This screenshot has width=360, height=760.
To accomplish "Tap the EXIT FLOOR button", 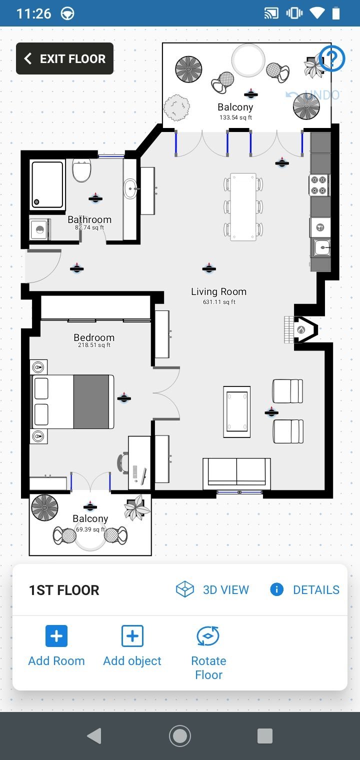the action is click(64, 58).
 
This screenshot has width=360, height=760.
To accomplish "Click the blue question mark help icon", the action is click(331, 58).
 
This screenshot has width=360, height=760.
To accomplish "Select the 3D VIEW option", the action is click(212, 589).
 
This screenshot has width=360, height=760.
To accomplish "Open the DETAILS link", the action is click(304, 589).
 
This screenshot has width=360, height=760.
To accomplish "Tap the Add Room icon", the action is click(56, 636).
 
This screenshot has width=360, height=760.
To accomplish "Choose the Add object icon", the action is click(132, 636).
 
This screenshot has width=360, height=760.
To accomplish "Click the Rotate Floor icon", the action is click(208, 636).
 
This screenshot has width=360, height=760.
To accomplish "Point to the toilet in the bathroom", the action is click(81, 170).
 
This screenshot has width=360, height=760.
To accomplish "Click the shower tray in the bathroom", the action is click(47, 185).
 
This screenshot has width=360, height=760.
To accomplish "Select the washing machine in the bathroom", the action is click(39, 229).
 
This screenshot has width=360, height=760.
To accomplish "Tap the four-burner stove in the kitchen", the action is click(318, 185).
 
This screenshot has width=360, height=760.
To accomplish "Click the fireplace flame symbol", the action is click(301, 329).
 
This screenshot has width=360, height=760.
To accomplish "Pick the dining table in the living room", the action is click(243, 206).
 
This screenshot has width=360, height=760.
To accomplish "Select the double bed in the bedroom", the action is click(72, 401).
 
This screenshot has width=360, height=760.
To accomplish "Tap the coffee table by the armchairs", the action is click(237, 411).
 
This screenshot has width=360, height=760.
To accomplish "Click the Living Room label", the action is click(218, 291).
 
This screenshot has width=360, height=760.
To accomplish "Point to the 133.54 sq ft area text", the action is click(235, 117).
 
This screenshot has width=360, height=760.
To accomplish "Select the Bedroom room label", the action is click(94, 337).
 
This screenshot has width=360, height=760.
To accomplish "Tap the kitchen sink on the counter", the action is click(321, 247).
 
